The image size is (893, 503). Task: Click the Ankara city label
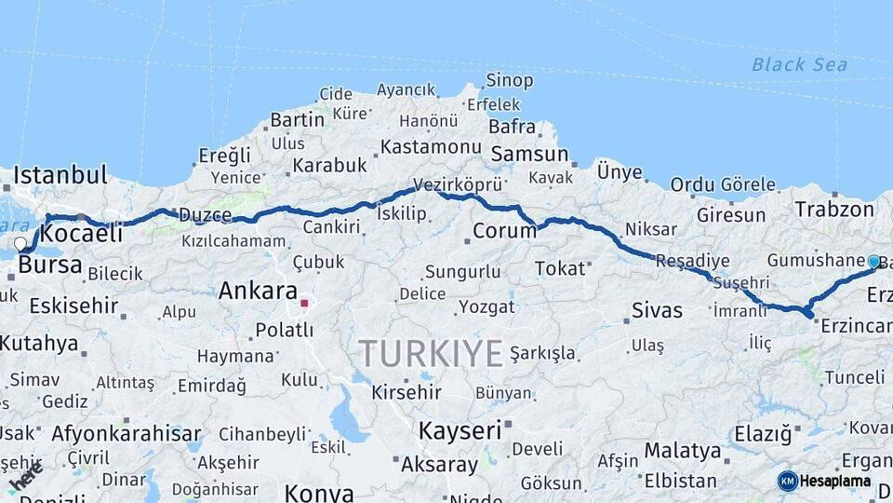point(258,291)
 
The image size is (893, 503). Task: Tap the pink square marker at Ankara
point(304,303)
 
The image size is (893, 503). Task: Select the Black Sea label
point(799,64)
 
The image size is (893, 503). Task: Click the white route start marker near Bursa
point(20,244)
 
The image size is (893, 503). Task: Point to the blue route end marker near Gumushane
point(874,262)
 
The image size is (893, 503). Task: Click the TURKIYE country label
point(432,353)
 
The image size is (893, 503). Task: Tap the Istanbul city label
point(60,174)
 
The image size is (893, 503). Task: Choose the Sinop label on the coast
point(510,82)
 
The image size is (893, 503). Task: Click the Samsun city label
point(529,154)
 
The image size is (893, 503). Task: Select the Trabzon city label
point(834,210)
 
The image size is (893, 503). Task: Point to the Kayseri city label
point(460,430)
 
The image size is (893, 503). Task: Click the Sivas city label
point(657,309)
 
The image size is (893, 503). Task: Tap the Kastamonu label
point(431,147)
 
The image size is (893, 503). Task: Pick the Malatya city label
point(683,451)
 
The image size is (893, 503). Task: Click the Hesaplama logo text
point(834,482)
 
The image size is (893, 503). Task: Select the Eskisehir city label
point(73,306)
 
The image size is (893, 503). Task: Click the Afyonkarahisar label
point(126,433)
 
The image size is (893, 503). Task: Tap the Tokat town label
point(559,268)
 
